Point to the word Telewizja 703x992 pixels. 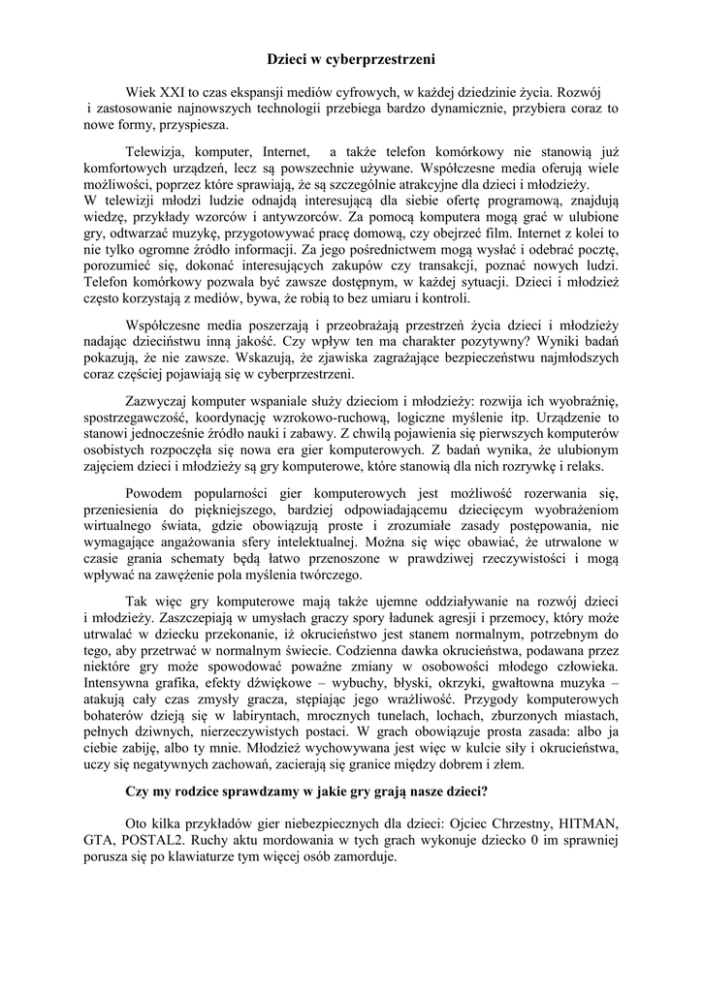click(x=156, y=152)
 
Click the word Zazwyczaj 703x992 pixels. click(x=157, y=400)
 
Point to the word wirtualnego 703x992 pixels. click(x=120, y=524)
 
